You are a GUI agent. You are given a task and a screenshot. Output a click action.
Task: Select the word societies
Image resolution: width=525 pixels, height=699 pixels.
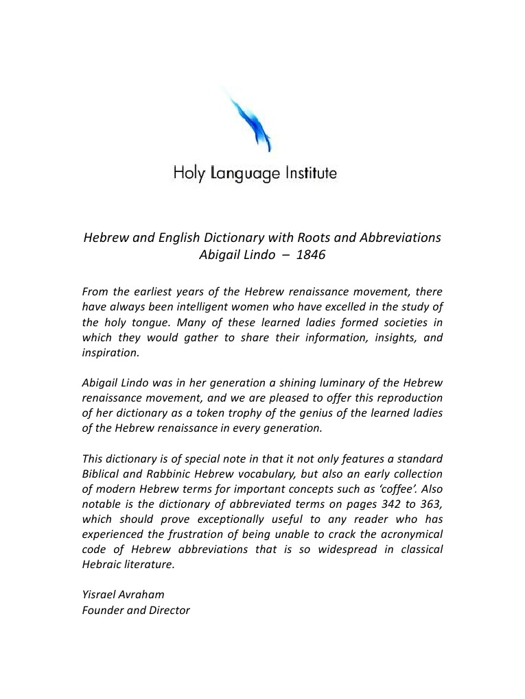point(401,323)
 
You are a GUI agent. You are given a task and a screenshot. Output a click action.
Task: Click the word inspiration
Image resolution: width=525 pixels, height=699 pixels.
point(110,353)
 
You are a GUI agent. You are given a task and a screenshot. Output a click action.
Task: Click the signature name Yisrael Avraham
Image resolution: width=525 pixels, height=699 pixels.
point(123,594)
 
